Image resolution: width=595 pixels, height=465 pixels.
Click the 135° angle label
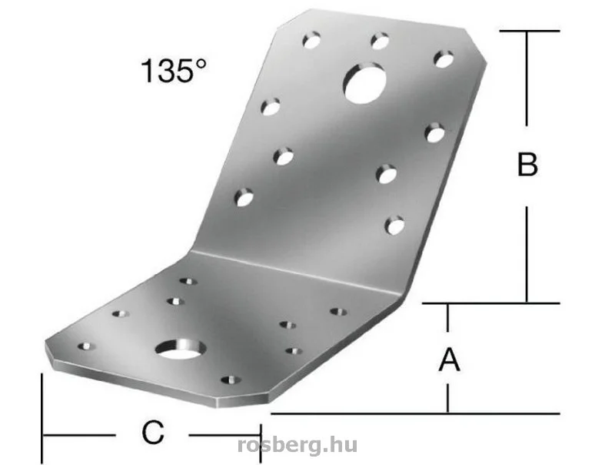tap(175, 71)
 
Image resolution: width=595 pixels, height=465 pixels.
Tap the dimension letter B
tap(527, 164)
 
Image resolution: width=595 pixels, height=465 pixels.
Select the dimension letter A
tap(449, 360)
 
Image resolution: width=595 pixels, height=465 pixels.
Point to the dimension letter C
tap(153, 432)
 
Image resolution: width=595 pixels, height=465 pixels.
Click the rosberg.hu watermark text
tap(297, 444)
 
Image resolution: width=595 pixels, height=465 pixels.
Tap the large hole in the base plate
tap(181, 349)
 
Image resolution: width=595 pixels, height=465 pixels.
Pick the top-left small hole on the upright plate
tap(311, 40)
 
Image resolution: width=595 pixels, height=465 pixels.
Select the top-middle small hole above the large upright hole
tap(380, 41)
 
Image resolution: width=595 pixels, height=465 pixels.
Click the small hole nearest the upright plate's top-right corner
tap(444, 59)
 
